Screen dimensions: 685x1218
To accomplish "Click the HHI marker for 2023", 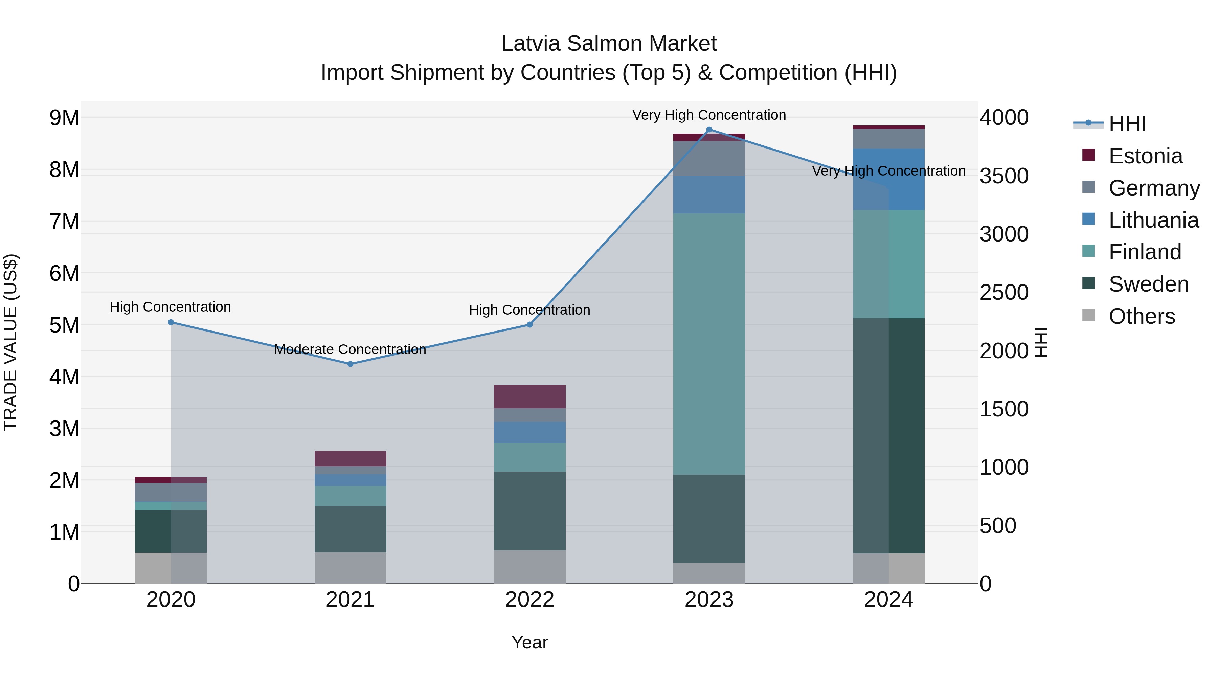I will [709, 130].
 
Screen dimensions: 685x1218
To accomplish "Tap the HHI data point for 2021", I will [351, 364].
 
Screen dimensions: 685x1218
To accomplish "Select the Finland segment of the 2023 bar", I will [709, 344].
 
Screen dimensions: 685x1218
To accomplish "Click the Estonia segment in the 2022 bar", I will [529, 397].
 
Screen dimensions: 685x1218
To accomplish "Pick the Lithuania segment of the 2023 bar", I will [709, 195].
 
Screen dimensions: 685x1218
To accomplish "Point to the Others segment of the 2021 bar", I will [351, 568].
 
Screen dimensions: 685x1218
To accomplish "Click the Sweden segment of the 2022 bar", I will [529, 510].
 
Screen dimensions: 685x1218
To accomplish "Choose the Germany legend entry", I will [1154, 188].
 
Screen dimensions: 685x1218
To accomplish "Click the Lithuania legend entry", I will [1153, 220].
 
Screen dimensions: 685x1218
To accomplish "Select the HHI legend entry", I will [1127, 124].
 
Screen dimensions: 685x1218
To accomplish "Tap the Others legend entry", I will [1142, 316].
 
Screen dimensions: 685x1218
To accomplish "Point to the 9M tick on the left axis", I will [65, 118].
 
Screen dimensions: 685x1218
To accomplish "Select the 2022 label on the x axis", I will [529, 600].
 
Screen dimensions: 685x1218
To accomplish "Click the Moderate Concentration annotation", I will [351, 350].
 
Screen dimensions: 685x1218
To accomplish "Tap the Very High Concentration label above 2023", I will [709, 115].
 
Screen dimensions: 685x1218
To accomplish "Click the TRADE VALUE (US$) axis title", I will [10, 342].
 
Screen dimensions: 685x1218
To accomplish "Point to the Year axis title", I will [529, 642].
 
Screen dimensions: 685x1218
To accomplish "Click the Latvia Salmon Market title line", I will [609, 44].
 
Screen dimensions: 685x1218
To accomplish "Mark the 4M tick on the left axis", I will [65, 377].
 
